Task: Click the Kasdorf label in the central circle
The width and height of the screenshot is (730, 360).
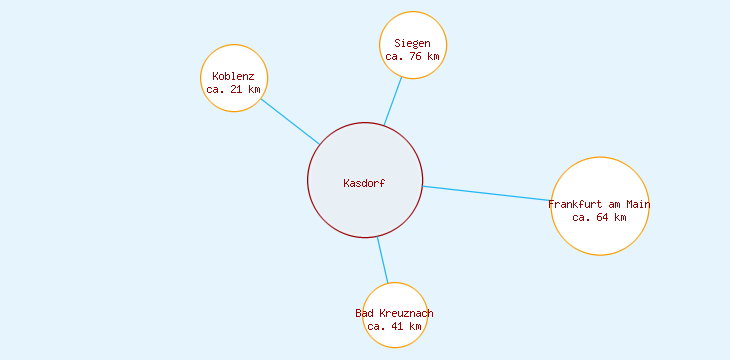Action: click(x=364, y=183)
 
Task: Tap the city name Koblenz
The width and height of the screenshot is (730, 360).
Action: click(x=233, y=76)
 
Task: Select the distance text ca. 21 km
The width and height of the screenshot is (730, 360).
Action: click(x=233, y=89)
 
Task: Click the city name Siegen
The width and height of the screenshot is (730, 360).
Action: click(x=412, y=43)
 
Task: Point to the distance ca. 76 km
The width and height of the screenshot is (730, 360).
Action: click(x=412, y=56)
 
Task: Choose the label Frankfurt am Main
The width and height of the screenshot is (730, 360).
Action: click(x=599, y=204)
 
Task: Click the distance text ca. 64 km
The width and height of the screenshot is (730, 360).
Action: click(x=599, y=217)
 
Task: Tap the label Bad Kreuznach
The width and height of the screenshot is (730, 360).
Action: click(x=394, y=313)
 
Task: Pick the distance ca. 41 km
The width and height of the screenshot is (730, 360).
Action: click(x=394, y=326)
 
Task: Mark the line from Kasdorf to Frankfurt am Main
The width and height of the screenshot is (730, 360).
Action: click(x=487, y=194)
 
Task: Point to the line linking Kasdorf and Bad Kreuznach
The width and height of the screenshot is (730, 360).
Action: click(x=382, y=260)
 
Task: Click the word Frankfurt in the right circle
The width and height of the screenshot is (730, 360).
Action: click(x=575, y=204)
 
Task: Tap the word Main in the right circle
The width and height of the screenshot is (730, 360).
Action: click(x=637, y=204)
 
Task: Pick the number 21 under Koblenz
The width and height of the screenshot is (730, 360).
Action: click(x=237, y=89)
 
